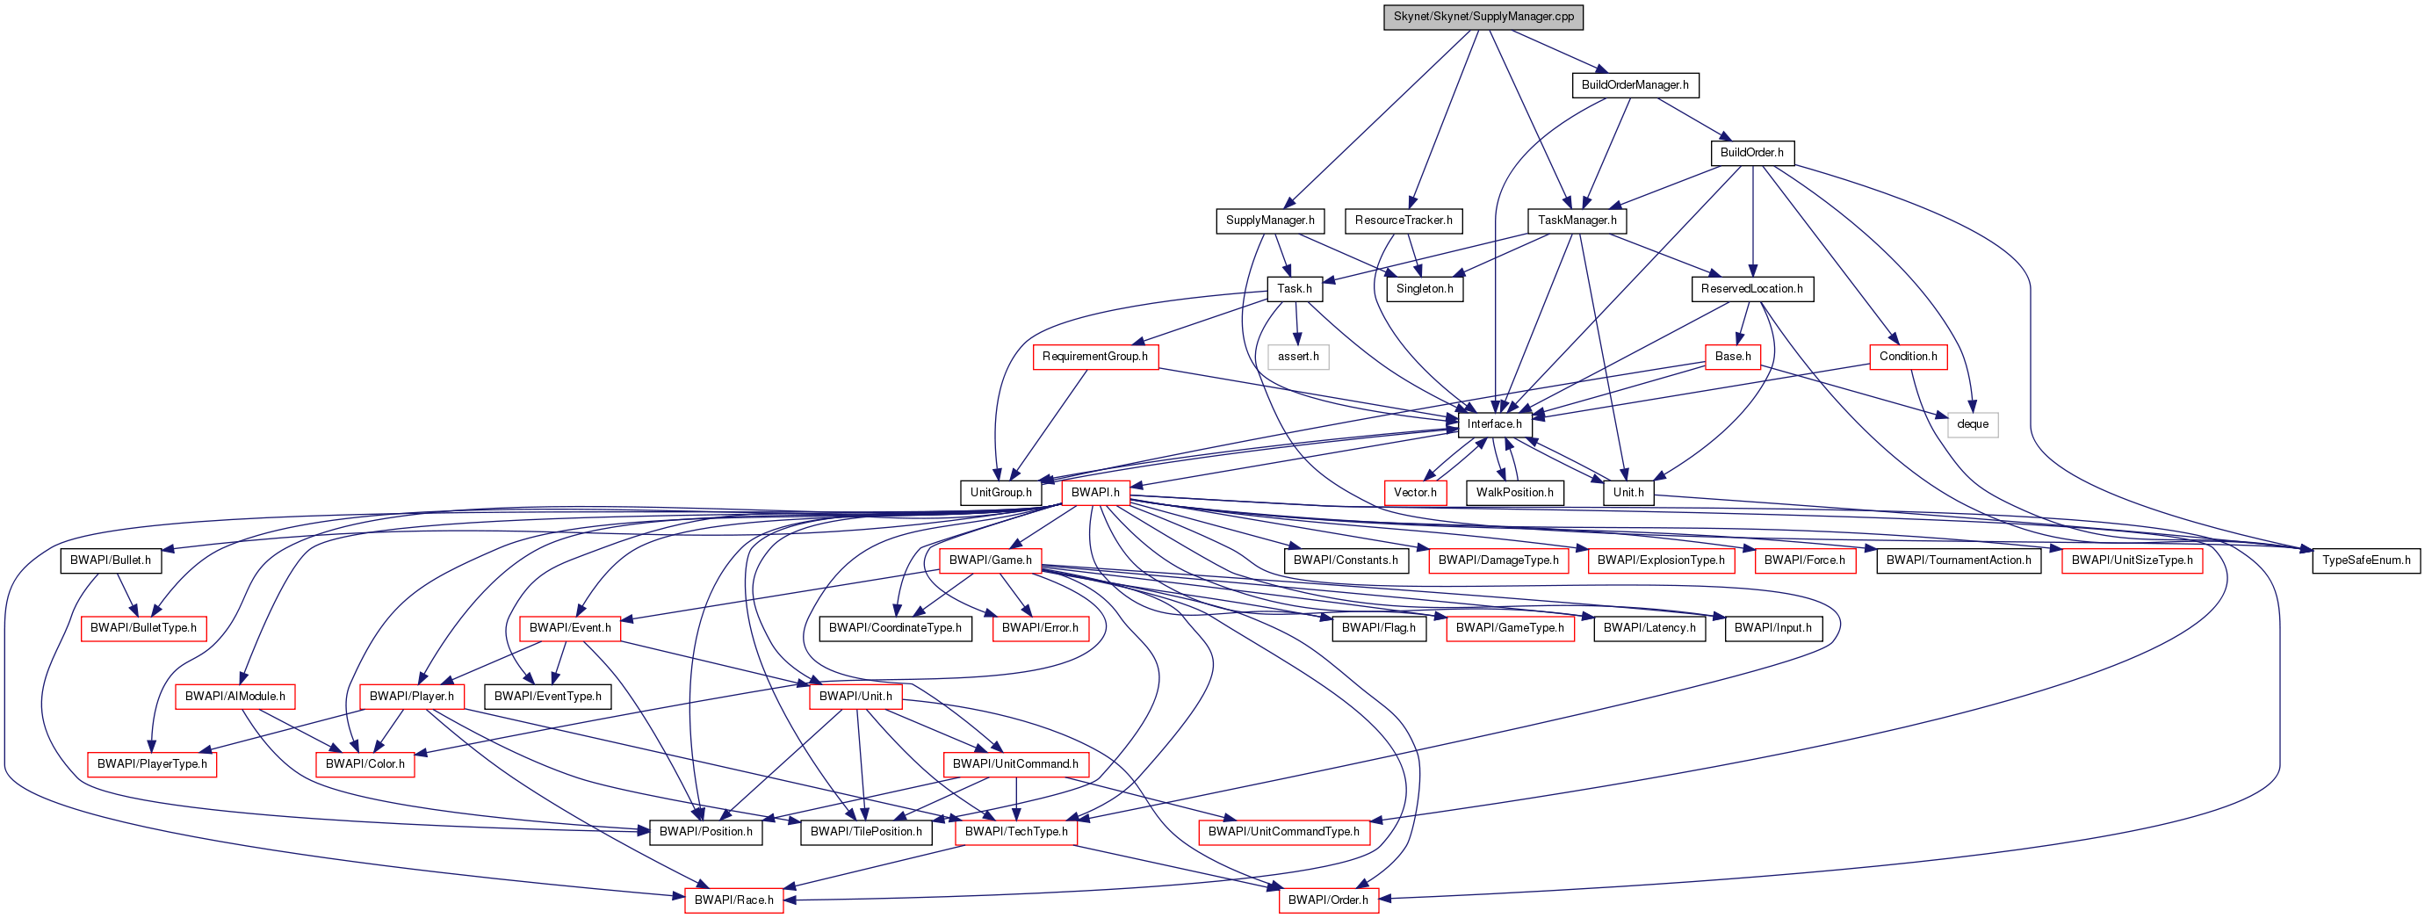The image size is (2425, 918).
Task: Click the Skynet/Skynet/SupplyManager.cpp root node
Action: tap(1483, 17)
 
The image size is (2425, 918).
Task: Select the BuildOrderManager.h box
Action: tap(1635, 84)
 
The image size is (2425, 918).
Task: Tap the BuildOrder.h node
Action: tap(1751, 153)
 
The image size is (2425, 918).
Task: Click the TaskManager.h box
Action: tap(1577, 220)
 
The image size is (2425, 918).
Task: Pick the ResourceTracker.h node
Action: tap(1403, 220)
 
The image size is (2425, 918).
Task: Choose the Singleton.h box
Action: tap(1425, 289)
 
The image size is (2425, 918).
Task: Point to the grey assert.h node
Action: tap(1298, 357)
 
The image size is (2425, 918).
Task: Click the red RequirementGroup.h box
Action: tap(1095, 357)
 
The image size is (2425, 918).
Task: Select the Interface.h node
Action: tap(1494, 424)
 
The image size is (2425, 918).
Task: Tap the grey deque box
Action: tap(1972, 424)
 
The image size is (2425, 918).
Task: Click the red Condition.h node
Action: tap(1908, 357)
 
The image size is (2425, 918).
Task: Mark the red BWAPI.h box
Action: tap(1095, 493)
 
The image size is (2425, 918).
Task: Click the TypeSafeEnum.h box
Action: tap(2365, 560)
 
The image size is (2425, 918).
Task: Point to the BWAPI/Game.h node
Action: tap(991, 560)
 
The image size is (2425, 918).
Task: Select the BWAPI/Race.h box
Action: tap(734, 900)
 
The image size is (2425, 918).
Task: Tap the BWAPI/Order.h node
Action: tap(1327, 900)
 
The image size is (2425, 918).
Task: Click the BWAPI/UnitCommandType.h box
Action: tap(1283, 832)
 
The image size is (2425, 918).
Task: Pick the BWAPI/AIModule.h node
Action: tap(235, 697)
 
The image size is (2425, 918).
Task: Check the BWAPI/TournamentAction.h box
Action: tap(1958, 560)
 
